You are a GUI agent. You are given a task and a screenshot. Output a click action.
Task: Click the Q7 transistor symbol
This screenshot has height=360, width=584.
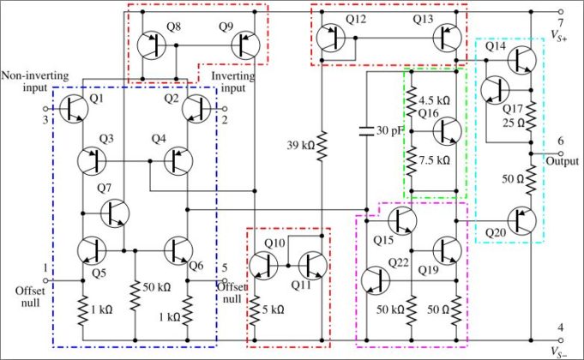tap(114, 213)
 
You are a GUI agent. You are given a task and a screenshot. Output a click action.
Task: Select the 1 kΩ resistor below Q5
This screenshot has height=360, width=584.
tap(83, 308)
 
